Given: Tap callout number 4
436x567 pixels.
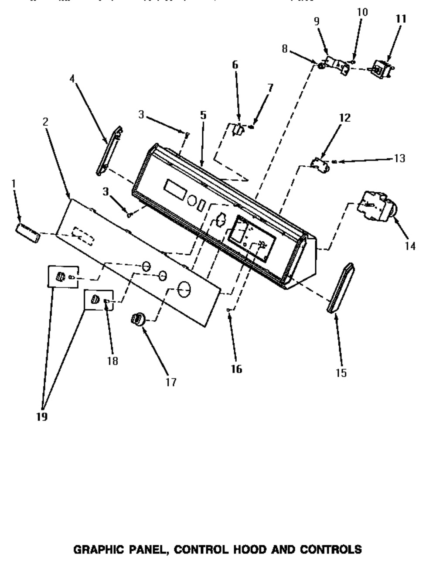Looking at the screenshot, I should (x=72, y=79).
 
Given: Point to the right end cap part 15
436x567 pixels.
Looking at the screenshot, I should (x=341, y=287).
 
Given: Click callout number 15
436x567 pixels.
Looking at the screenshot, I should (x=341, y=372).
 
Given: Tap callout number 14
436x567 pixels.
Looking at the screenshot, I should (x=410, y=246).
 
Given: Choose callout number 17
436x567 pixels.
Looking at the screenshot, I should (x=171, y=382).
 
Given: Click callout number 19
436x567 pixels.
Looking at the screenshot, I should (x=42, y=417).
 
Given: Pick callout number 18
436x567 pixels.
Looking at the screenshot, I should (x=112, y=361).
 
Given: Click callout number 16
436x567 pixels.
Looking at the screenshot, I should (x=236, y=369).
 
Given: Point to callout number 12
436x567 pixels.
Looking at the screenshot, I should (x=344, y=118).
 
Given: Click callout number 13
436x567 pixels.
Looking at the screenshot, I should (x=399, y=158).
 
